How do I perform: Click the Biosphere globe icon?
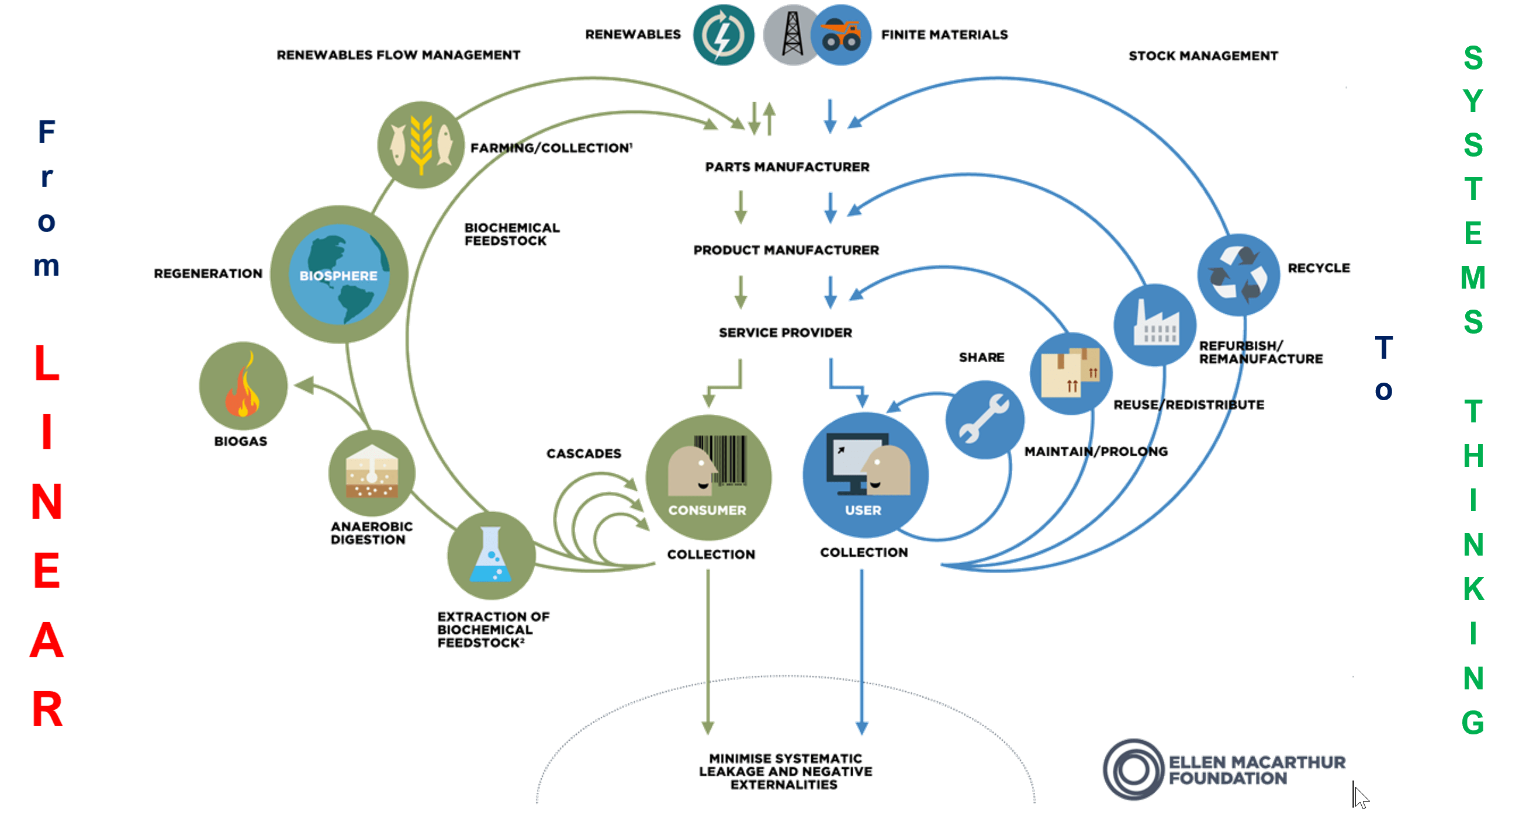click(x=339, y=274)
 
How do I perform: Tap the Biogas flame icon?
click(x=243, y=386)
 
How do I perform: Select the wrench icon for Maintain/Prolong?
click(x=985, y=419)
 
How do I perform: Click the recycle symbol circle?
click(x=1238, y=275)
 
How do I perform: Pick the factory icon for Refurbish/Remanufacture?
click(x=1155, y=325)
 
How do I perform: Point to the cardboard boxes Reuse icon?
click(x=1071, y=373)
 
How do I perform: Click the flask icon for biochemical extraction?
click(x=491, y=556)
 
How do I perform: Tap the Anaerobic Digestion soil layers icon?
click(x=372, y=473)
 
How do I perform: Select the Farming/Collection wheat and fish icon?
click(x=421, y=145)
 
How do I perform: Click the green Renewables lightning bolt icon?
click(x=724, y=35)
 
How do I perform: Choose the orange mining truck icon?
click(x=840, y=35)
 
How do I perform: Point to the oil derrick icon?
click(x=792, y=35)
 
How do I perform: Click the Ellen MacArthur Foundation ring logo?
click(x=1134, y=769)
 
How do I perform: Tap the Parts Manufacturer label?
click(x=787, y=167)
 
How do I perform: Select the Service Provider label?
click(x=786, y=332)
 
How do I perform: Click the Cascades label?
click(x=583, y=453)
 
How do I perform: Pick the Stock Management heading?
click(x=1203, y=56)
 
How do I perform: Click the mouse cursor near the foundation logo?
click(x=1360, y=795)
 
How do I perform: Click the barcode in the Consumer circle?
click(x=721, y=460)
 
